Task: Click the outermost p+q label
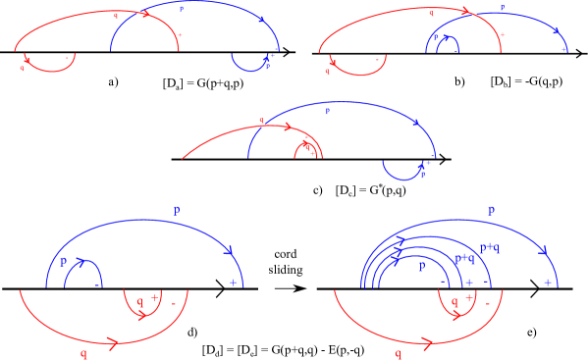[490, 248]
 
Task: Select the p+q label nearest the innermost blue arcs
[464, 258]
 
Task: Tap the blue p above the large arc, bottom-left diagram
[177, 209]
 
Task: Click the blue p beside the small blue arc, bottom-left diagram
[64, 261]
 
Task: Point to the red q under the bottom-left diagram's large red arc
[83, 354]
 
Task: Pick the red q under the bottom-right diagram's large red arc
[398, 354]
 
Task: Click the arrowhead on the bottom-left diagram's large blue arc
[229, 251]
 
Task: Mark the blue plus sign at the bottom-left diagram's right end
[233, 283]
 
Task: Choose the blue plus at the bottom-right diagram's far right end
[547, 283]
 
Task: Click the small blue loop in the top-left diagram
[249, 65]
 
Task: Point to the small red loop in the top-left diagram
[49, 66]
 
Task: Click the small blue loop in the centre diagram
[402, 173]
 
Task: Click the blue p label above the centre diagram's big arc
[327, 111]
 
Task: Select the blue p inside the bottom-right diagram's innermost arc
[422, 266]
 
